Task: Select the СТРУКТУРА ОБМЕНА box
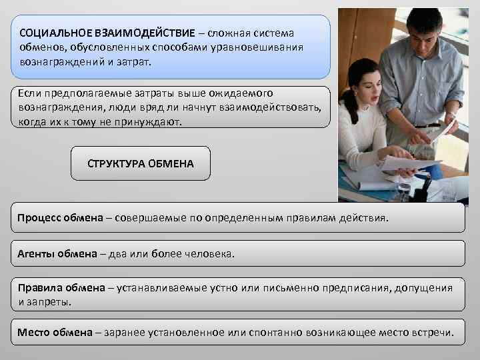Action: point(141,163)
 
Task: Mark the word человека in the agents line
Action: point(212,254)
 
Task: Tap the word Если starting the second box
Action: point(29,93)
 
